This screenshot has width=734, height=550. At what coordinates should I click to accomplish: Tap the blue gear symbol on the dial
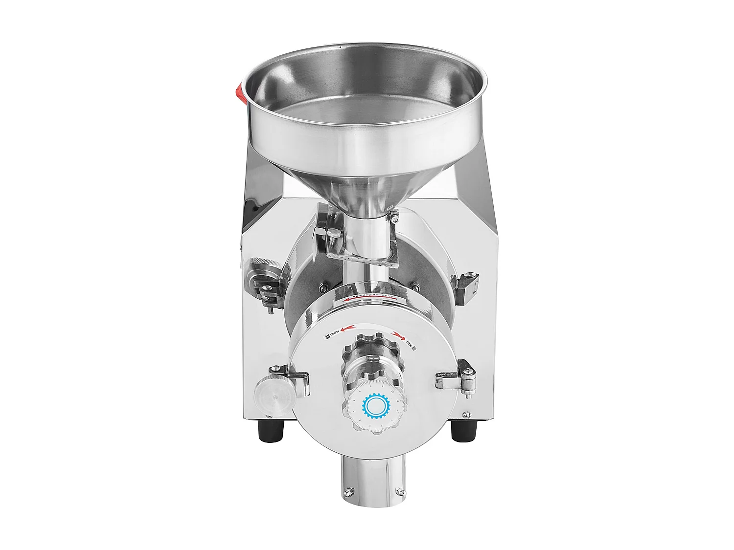(375, 405)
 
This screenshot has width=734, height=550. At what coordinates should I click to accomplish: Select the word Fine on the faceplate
(411, 346)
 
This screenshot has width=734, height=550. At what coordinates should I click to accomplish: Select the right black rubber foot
(463, 431)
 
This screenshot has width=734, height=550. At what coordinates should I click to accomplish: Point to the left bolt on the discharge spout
(349, 491)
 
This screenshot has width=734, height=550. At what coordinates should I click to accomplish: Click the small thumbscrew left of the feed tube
(334, 234)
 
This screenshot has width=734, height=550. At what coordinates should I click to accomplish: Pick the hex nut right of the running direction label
(415, 286)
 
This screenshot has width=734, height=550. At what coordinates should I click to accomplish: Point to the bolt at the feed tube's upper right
(393, 215)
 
